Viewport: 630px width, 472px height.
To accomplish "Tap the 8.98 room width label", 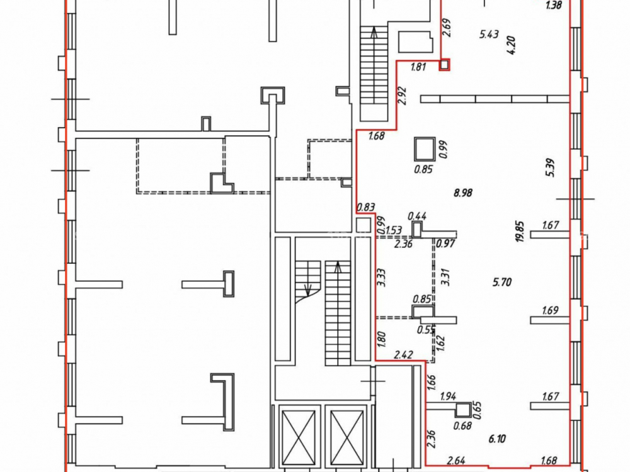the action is tap(463, 193).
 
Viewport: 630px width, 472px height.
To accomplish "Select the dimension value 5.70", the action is tap(502, 282).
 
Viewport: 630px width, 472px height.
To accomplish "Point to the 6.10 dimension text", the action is tap(497, 439).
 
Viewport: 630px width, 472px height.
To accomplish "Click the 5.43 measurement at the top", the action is tap(489, 34).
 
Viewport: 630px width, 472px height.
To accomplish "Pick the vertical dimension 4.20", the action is tap(512, 45).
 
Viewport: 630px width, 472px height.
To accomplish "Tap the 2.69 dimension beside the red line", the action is tap(447, 28).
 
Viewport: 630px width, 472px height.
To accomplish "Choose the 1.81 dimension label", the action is tap(418, 67).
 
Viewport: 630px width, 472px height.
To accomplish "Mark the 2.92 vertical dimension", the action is tap(403, 96).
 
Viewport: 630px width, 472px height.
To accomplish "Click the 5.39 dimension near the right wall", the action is tap(550, 168).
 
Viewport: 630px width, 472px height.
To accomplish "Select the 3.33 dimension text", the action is tap(382, 278).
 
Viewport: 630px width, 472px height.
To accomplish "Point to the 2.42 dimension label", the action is tap(404, 355).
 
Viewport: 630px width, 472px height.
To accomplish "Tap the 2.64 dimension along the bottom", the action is tap(456, 461).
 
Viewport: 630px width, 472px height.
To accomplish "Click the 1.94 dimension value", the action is tap(448, 396).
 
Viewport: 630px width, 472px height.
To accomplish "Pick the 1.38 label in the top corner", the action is tap(554, 6).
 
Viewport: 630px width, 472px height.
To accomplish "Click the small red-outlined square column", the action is tap(444, 64).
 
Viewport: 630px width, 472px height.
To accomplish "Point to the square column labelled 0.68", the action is tap(463, 410).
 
